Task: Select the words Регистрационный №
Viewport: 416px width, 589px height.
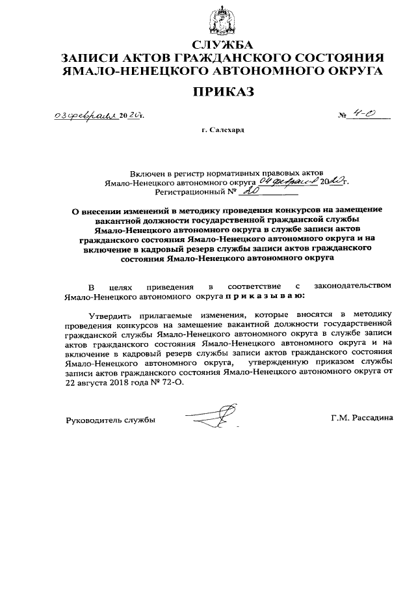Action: [194, 193]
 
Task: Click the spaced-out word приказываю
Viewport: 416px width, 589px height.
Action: [265, 295]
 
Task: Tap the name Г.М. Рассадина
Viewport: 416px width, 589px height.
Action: [361, 419]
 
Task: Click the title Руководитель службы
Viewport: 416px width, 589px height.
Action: [110, 420]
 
